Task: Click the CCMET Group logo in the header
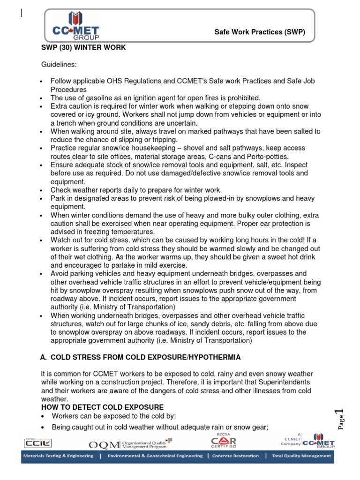(75, 26)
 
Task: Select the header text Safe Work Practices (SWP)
(260, 32)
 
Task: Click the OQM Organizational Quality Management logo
(130, 443)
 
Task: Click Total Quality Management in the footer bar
(300, 456)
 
